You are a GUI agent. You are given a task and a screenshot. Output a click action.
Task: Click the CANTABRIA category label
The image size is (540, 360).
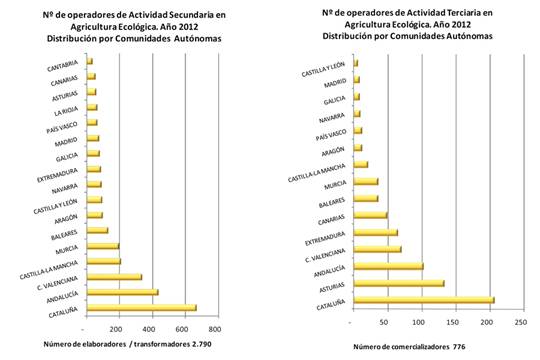click(x=63, y=68)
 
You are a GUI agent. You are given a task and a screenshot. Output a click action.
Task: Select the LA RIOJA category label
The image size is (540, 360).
click(x=66, y=112)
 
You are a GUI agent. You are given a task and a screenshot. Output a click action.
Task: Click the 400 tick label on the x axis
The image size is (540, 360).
click(x=150, y=328)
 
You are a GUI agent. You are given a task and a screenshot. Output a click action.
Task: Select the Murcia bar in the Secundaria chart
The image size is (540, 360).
click(x=102, y=246)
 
